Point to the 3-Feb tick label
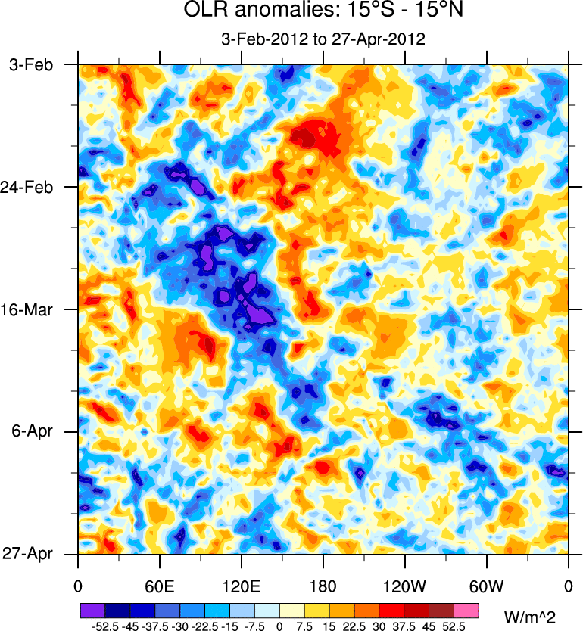[x=30, y=65]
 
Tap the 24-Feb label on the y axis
[x=30, y=187]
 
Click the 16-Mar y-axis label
[x=30, y=309]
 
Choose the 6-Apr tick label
[x=33, y=432]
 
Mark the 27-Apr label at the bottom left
[x=30, y=555]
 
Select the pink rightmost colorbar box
[x=466, y=609]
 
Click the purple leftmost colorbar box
[x=91, y=609]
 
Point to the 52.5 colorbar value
[x=454, y=626]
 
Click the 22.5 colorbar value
[x=354, y=626]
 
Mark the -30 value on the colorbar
[x=179, y=626]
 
